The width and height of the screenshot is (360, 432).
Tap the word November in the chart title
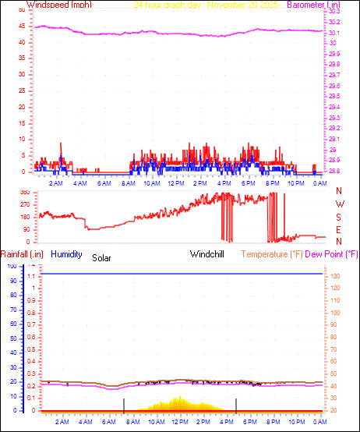coord(231,5)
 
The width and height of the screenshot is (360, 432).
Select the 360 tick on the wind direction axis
coord(25,193)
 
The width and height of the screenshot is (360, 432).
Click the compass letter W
coord(339,204)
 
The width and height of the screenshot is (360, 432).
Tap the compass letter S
coord(339,217)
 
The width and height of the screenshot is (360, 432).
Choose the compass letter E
coord(339,229)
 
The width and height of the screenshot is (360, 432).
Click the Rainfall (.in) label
coord(21,254)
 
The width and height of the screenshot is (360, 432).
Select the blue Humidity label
coord(67,254)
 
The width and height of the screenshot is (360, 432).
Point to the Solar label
coord(102,257)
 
